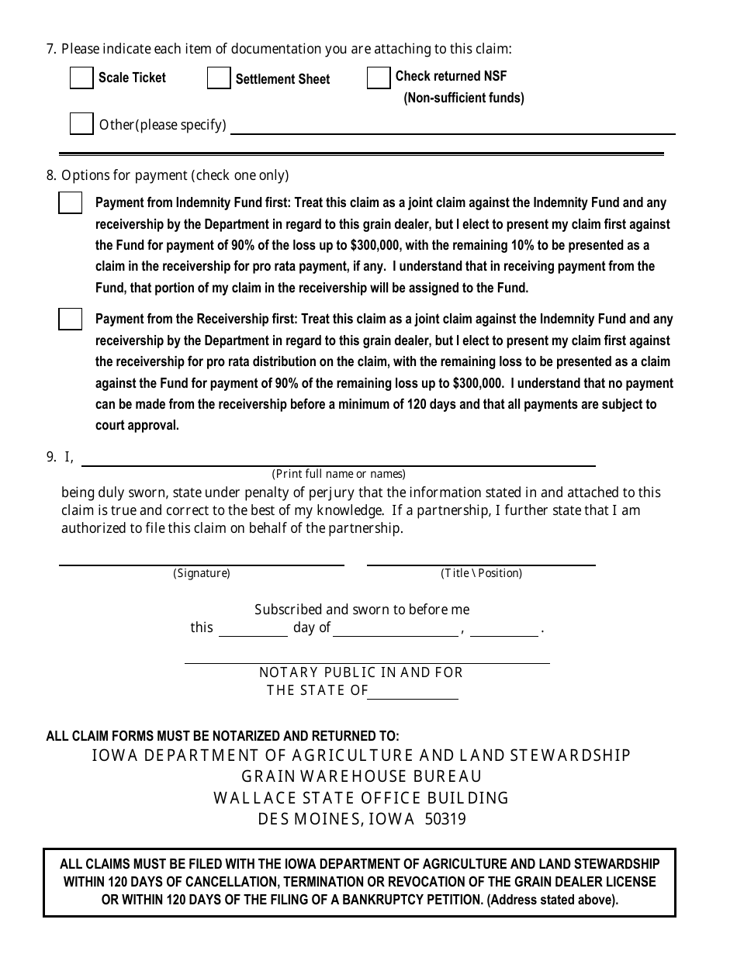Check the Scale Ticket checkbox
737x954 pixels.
point(81,78)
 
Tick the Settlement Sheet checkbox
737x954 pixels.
point(219,78)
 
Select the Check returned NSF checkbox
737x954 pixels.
point(379,78)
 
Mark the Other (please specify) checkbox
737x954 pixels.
point(81,124)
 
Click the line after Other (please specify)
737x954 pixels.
point(452,128)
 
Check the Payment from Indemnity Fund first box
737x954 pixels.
point(71,203)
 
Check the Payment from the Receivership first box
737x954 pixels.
point(71,319)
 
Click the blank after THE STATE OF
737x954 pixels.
point(413,693)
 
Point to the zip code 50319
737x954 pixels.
point(445,819)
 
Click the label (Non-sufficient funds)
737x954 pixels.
point(464,98)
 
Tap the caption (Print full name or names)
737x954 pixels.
point(338,474)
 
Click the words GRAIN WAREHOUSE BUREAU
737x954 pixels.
point(362,776)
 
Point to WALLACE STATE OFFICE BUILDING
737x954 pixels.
point(362,798)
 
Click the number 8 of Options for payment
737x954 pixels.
point(50,175)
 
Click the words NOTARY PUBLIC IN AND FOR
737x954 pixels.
point(361,672)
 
